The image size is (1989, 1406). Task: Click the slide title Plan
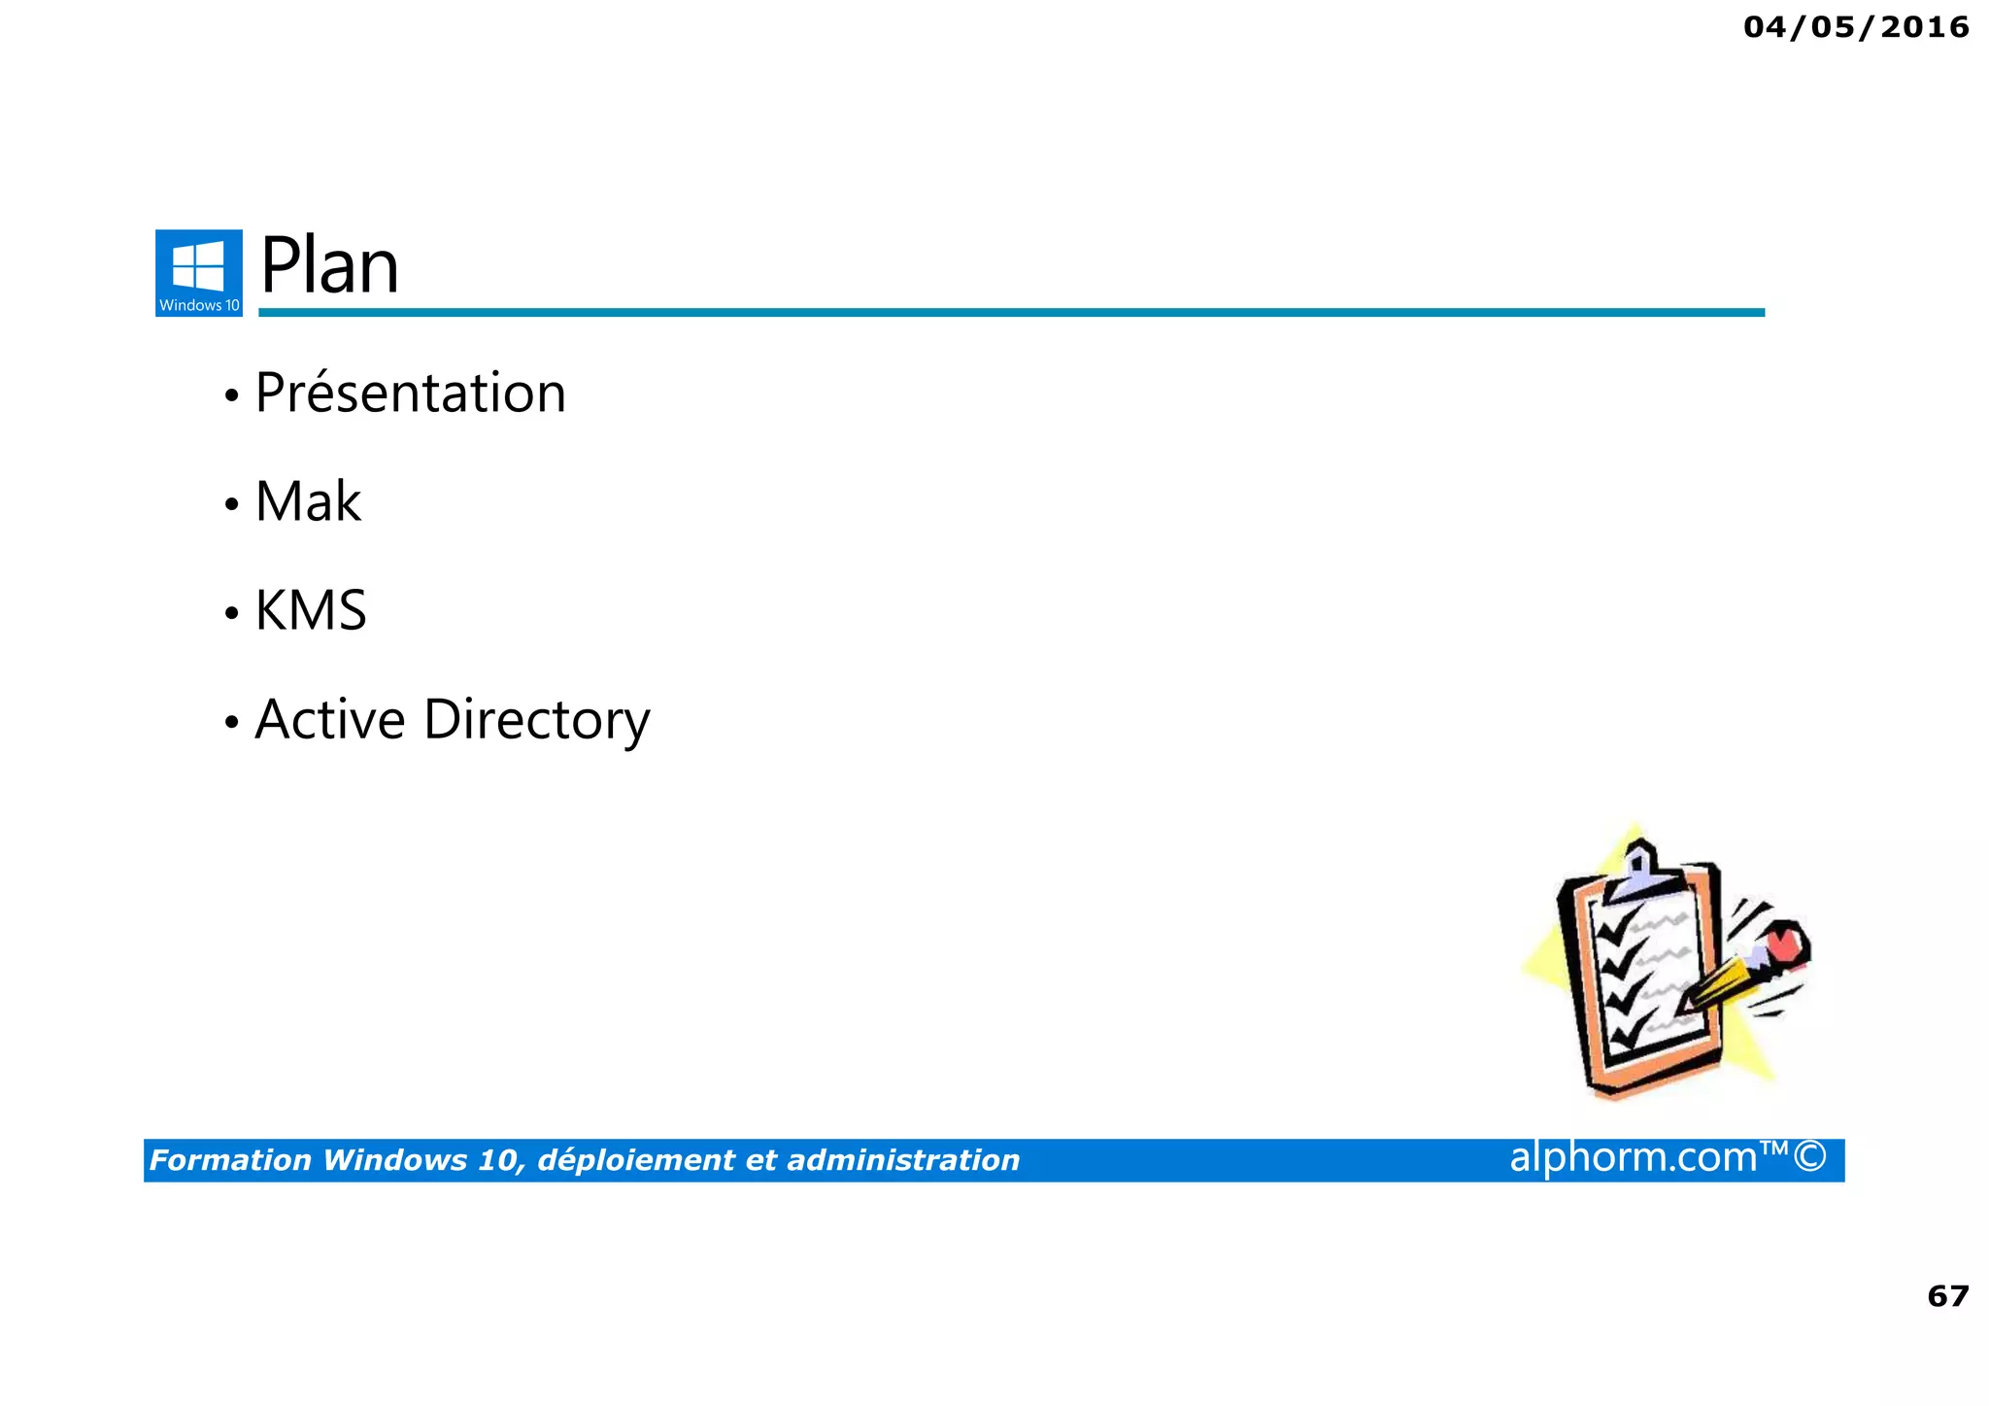(329, 266)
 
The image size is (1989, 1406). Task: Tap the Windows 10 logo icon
(199, 272)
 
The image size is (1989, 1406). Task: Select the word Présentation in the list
(410, 394)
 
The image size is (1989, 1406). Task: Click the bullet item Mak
(308, 502)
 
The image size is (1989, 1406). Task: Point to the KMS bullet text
(311, 611)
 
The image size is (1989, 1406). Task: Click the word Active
(330, 720)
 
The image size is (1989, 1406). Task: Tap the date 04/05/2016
(1856, 27)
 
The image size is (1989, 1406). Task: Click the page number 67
(1947, 1296)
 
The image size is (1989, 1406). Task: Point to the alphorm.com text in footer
(1633, 1157)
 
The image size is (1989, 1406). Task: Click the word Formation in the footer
(230, 1160)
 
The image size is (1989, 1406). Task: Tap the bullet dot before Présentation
(231, 395)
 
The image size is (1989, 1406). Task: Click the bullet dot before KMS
(231, 613)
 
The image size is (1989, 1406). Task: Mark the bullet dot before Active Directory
(231, 722)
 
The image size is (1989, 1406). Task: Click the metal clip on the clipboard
(1638, 872)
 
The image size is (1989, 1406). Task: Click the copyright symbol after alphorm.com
(1810, 1157)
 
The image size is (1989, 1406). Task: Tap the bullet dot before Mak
(231, 504)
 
